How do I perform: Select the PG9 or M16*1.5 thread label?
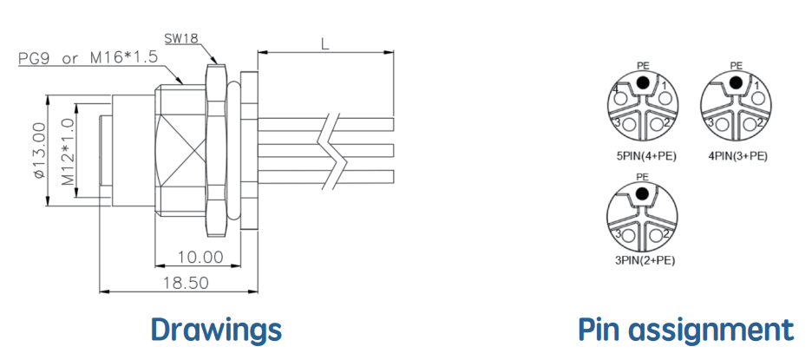(88, 57)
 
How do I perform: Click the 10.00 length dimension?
(200, 257)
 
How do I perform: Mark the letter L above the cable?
(324, 44)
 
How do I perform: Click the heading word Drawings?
(217, 330)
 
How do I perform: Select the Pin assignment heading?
(685, 331)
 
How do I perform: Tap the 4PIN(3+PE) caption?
(737, 155)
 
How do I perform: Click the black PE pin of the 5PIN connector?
(643, 82)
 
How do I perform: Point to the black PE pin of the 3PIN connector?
(642, 193)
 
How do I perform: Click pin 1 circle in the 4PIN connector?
(757, 98)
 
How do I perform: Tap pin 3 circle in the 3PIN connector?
(629, 236)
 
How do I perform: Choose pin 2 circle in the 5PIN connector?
(658, 124)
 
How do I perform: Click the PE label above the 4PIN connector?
(736, 66)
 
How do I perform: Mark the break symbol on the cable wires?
(335, 150)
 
